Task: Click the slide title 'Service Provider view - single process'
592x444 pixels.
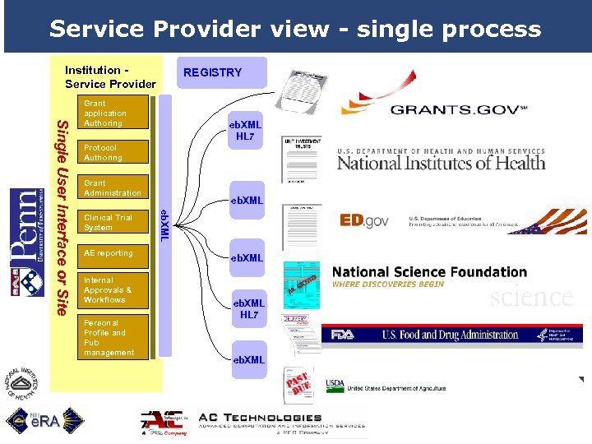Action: [x=295, y=29]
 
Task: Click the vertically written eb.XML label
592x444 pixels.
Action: [x=164, y=224]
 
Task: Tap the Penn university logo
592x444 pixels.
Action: [x=27, y=242]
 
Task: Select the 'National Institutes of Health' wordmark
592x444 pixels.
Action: [x=441, y=161]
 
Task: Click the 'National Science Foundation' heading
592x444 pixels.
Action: [x=429, y=272]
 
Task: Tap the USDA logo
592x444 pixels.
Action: [x=335, y=385]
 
